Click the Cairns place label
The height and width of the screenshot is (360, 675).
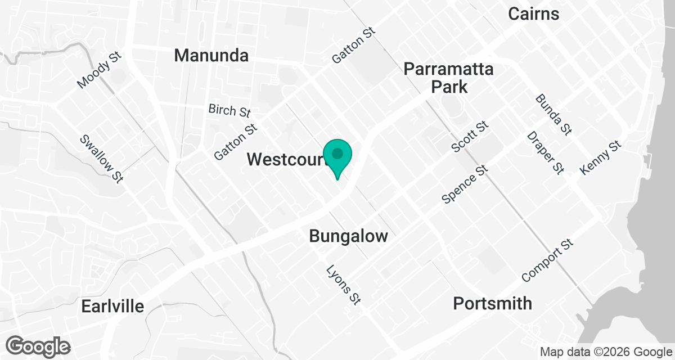(x=533, y=14)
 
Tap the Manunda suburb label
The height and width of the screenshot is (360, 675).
(x=211, y=56)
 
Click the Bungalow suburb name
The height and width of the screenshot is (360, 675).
(x=348, y=236)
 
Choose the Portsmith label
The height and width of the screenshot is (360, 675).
(x=492, y=304)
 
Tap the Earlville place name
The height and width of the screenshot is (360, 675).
(x=112, y=307)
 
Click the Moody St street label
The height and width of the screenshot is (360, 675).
(x=100, y=71)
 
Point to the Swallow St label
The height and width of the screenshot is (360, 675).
(x=101, y=159)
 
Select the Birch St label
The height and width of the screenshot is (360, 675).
(x=229, y=110)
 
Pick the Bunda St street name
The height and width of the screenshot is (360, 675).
(x=553, y=115)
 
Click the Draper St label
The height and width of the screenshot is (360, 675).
(x=545, y=153)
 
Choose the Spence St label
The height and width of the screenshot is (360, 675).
(x=464, y=184)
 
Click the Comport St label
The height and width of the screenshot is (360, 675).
(x=547, y=260)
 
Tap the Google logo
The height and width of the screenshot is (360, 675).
(x=38, y=346)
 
